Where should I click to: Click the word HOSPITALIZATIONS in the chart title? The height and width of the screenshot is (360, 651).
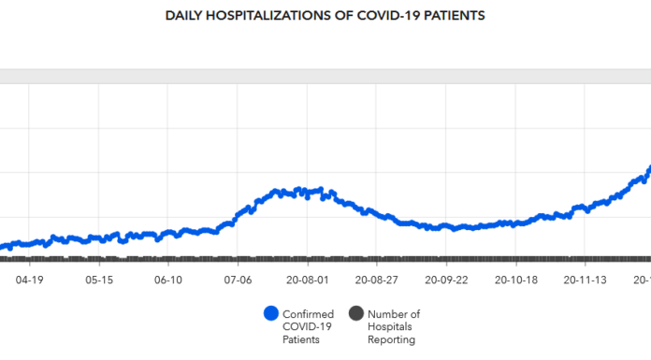click(x=258, y=16)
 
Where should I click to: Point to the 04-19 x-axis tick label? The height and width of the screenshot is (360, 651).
click(x=30, y=279)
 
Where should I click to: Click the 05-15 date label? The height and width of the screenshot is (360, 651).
click(x=99, y=279)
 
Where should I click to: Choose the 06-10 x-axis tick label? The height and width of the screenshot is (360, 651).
click(x=168, y=279)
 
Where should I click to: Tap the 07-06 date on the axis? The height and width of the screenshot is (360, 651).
click(x=239, y=279)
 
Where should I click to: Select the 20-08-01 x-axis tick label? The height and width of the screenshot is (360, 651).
click(x=308, y=279)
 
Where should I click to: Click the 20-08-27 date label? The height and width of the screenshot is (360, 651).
click(x=376, y=279)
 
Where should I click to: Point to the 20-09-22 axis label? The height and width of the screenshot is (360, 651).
click(x=445, y=279)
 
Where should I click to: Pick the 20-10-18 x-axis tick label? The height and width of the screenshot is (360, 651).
click(x=514, y=279)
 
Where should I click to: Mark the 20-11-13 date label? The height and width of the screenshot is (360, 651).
click(x=584, y=279)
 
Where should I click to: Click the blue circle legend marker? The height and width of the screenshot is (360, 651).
click(x=272, y=314)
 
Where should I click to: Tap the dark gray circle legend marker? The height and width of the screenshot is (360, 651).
click(x=355, y=314)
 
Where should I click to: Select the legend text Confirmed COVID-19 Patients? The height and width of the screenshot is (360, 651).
click(x=308, y=327)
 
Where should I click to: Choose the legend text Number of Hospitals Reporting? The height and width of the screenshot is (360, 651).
click(x=394, y=327)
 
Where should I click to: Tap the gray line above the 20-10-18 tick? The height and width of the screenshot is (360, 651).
click(x=514, y=259)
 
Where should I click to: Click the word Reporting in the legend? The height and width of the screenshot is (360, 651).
click(x=392, y=340)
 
